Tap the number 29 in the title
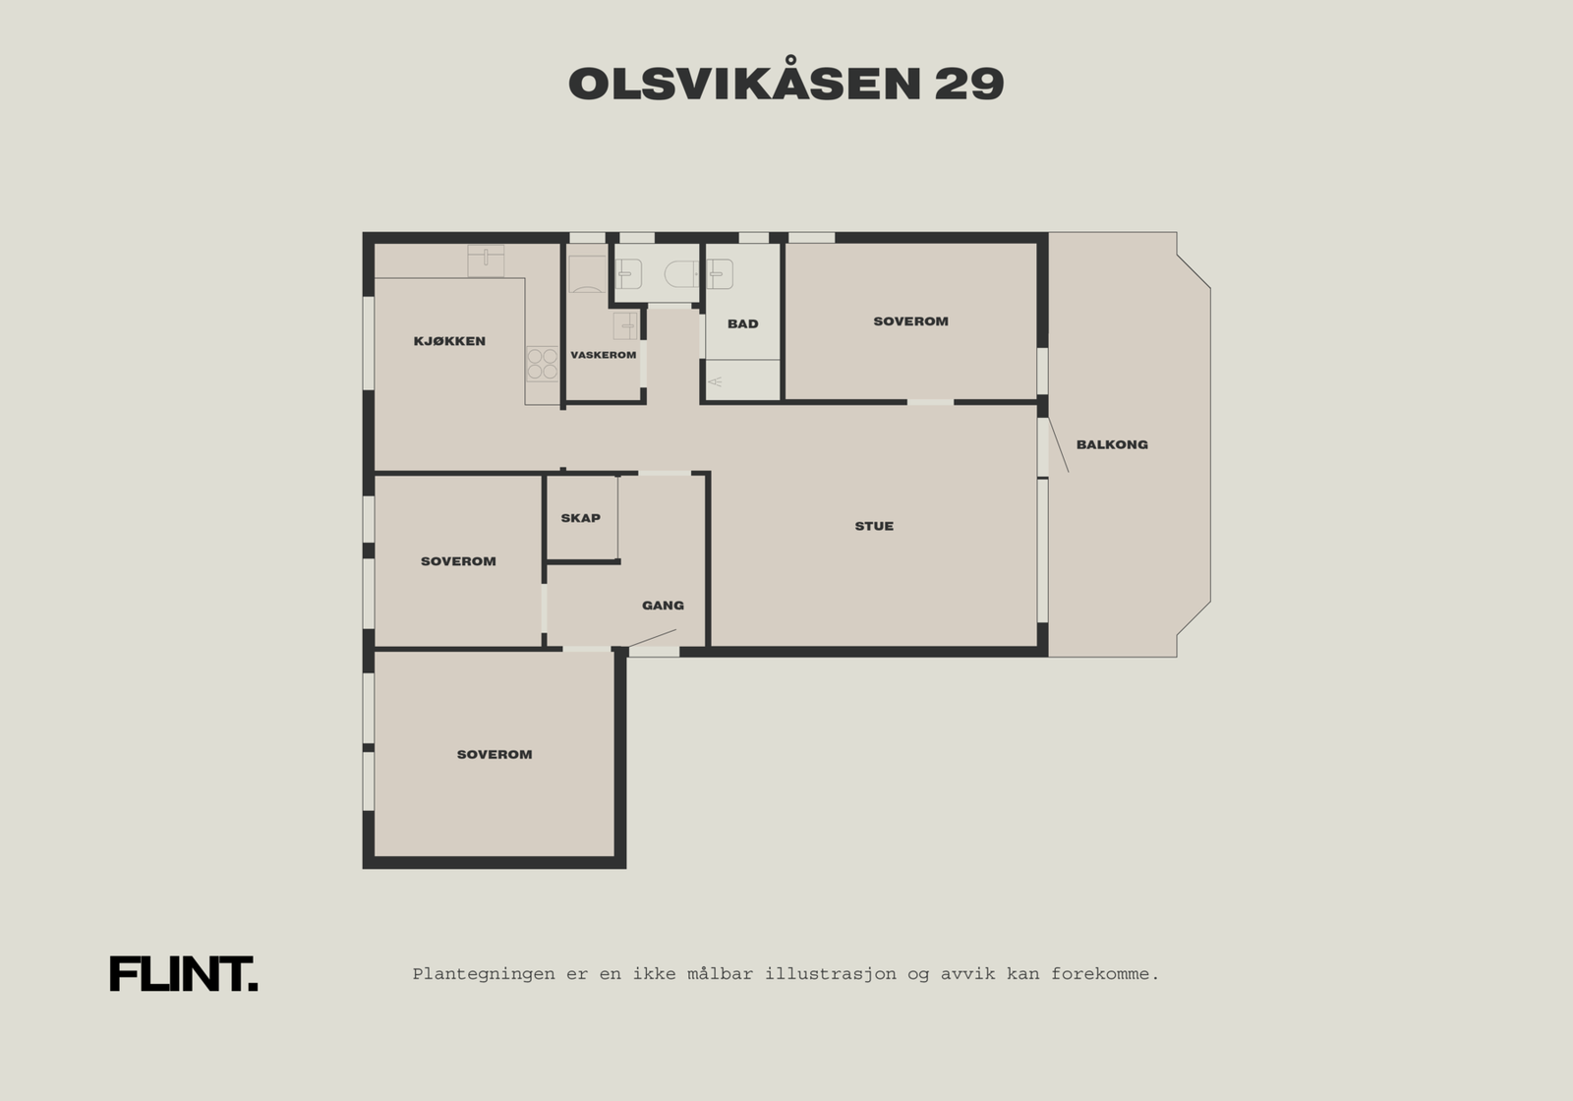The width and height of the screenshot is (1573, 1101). pos(968,86)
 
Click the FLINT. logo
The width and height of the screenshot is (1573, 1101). pos(183,974)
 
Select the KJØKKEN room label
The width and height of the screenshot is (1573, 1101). pos(449,342)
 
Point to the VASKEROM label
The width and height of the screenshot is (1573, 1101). pos(604,355)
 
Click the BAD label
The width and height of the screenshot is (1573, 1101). pos(743,323)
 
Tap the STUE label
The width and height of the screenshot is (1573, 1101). pos(874,526)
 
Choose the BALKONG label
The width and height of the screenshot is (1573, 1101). pos(1112,444)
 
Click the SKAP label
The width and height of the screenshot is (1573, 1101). pos(580,518)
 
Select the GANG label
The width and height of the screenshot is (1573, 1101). pos(663,606)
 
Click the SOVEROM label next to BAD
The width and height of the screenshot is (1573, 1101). pos(910,321)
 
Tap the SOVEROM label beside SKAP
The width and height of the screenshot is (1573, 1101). pos(458,561)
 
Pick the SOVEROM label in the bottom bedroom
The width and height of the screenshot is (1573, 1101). pos(495,755)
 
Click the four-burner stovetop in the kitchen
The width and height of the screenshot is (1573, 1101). pos(542,363)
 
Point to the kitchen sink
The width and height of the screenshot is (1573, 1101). pos(486,260)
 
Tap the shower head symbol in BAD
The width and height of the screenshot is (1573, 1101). pos(715,380)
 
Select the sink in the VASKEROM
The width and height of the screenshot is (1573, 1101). pos(626,325)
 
